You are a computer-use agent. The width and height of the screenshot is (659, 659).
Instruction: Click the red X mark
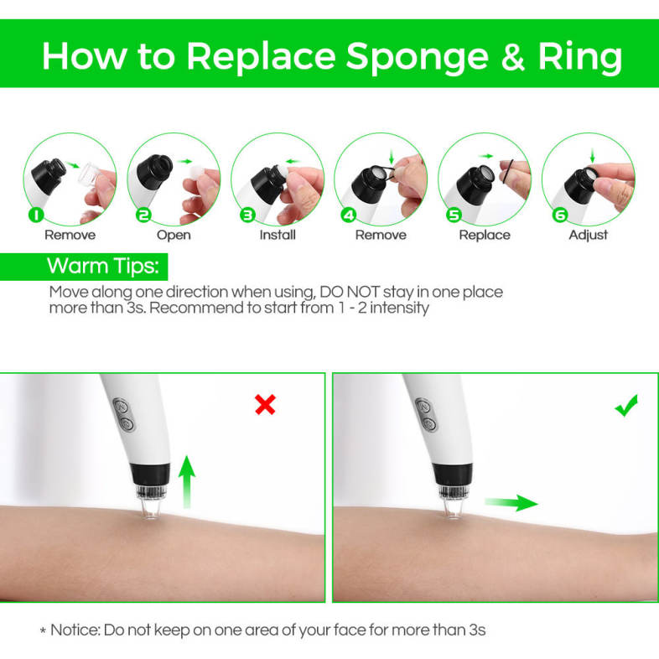[x=265, y=405]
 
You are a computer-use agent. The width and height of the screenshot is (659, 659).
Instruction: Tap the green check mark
[x=626, y=406]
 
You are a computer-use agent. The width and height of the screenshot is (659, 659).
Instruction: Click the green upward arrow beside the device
[x=187, y=482]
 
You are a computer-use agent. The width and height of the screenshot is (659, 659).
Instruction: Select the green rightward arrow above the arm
[x=511, y=503]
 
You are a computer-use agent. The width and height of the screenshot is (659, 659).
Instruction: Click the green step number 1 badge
[x=37, y=215]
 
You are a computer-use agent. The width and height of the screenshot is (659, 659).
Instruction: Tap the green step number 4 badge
[x=349, y=215]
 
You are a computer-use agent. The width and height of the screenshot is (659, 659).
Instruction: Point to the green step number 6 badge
[x=560, y=215]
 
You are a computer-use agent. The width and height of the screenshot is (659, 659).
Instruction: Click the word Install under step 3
[x=278, y=235]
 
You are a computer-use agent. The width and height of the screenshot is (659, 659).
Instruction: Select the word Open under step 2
[x=174, y=235]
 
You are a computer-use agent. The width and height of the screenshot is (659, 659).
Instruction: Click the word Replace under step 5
[x=485, y=235]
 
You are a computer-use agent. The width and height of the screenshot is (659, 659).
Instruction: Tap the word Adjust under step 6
[x=588, y=235]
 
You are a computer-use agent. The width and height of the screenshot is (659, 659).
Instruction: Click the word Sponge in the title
[x=418, y=58]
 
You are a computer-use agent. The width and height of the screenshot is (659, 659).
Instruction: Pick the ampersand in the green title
[x=513, y=56]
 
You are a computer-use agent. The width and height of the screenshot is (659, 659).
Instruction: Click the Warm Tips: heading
[x=103, y=266]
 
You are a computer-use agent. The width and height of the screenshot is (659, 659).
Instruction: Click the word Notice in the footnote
[x=75, y=630]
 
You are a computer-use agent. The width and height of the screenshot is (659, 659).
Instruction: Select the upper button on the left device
[x=121, y=407]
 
